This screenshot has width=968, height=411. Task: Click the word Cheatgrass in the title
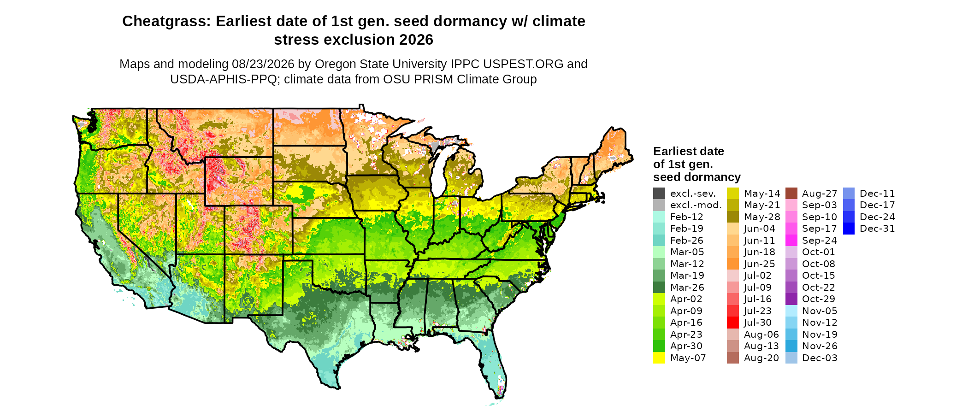(x=166, y=22)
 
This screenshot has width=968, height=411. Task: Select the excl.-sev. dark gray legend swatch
(x=659, y=194)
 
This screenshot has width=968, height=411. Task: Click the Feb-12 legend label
(x=687, y=217)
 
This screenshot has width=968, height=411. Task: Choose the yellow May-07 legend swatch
(x=659, y=358)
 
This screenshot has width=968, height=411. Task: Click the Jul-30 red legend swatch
(x=733, y=323)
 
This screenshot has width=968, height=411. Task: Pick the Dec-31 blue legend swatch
(x=849, y=229)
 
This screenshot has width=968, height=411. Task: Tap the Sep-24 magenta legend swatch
(x=791, y=241)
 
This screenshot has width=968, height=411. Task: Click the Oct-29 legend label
(x=819, y=299)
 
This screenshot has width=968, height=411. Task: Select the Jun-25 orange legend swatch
(x=733, y=264)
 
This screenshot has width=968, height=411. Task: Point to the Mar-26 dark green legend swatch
(x=659, y=288)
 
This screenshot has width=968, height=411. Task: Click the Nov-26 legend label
(x=820, y=346)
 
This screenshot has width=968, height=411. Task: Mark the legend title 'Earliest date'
(x=689, y=151)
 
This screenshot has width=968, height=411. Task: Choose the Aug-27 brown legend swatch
(x=791, y=194)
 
